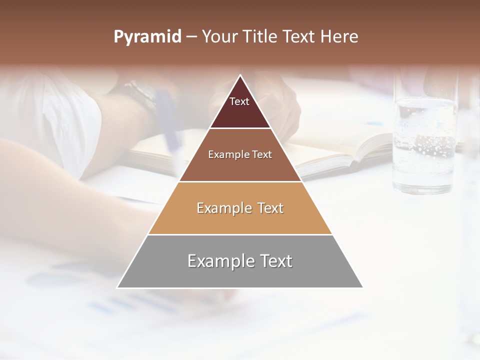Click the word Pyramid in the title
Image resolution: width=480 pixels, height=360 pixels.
(x=147, y=37)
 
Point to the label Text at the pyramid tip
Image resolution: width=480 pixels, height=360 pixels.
(x=239, y=101)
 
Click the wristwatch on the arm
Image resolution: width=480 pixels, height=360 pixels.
(x=142, y=97)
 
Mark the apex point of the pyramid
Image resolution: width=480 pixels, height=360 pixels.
(x=240, y=75)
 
